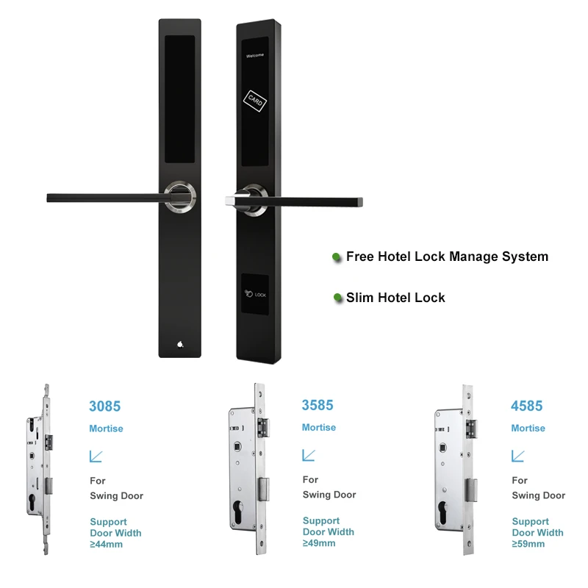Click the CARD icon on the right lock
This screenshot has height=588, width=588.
tap(255, 101)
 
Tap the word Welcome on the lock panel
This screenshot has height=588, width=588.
tap(255, 56)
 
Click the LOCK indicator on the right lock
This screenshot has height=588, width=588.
tap(255, 294)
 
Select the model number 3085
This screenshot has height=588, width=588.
tap(104, 406)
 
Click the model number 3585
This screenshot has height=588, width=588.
tap(318, 405)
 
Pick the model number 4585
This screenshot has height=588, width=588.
tap(527, 406)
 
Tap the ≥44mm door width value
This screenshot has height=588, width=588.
tap(106, 544)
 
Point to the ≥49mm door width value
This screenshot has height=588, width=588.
tap(319, 543)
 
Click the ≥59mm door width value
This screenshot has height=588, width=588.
tap(528, 544)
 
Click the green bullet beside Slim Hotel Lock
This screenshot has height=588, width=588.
tap(337, 298)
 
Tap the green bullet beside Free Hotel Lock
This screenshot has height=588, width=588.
tap(337, 257)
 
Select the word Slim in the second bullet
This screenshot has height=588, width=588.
tap(360, 298)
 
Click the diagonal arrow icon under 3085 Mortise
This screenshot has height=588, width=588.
tap(96, 456)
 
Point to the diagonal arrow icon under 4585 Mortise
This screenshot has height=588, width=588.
tap(518, 456)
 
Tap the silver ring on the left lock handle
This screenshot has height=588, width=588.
tap(180, 197)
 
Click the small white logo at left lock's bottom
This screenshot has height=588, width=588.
tap(180, 344)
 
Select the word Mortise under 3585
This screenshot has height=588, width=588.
tap(319, 428)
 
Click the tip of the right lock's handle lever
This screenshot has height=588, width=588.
tap(361, 202)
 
